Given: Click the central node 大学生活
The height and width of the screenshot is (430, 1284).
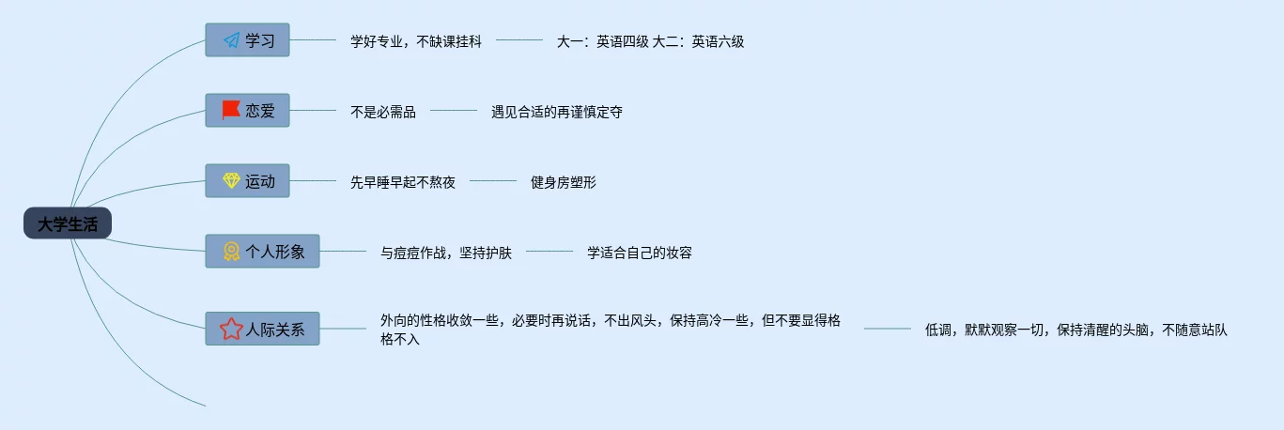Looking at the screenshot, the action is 68,223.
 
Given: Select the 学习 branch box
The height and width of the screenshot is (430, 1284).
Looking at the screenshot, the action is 248,40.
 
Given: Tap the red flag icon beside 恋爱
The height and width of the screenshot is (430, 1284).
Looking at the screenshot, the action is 231,111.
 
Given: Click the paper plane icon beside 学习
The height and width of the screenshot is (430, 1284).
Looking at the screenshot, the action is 231,40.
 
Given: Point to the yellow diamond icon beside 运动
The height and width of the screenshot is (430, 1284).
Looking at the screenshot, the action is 231,181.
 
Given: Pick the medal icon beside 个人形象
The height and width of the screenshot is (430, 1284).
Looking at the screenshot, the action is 231,252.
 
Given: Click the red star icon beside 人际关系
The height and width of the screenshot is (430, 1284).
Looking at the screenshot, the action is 231,329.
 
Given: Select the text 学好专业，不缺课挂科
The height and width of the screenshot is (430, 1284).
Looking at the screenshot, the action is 415,41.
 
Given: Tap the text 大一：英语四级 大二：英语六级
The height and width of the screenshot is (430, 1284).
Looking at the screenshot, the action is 650,41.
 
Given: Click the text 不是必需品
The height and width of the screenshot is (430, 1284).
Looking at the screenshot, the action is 383,112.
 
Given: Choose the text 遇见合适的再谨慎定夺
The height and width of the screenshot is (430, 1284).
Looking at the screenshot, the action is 556,112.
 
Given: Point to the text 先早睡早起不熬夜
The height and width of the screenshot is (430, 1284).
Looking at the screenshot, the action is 402,182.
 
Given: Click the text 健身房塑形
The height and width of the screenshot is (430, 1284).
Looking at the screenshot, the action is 563,182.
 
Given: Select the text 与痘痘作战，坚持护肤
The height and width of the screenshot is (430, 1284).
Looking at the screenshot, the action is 445,253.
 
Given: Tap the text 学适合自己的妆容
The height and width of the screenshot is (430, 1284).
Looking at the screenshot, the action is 639,253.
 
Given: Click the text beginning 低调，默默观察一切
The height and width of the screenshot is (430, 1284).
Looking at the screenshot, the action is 1076,330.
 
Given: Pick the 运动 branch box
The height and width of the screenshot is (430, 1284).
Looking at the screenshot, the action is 248,181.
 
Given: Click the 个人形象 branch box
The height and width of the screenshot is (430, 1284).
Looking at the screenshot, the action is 263,252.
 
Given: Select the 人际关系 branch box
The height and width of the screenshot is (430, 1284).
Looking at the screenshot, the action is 263,329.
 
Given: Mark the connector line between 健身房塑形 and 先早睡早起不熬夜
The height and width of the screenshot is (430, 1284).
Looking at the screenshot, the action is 492,181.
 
